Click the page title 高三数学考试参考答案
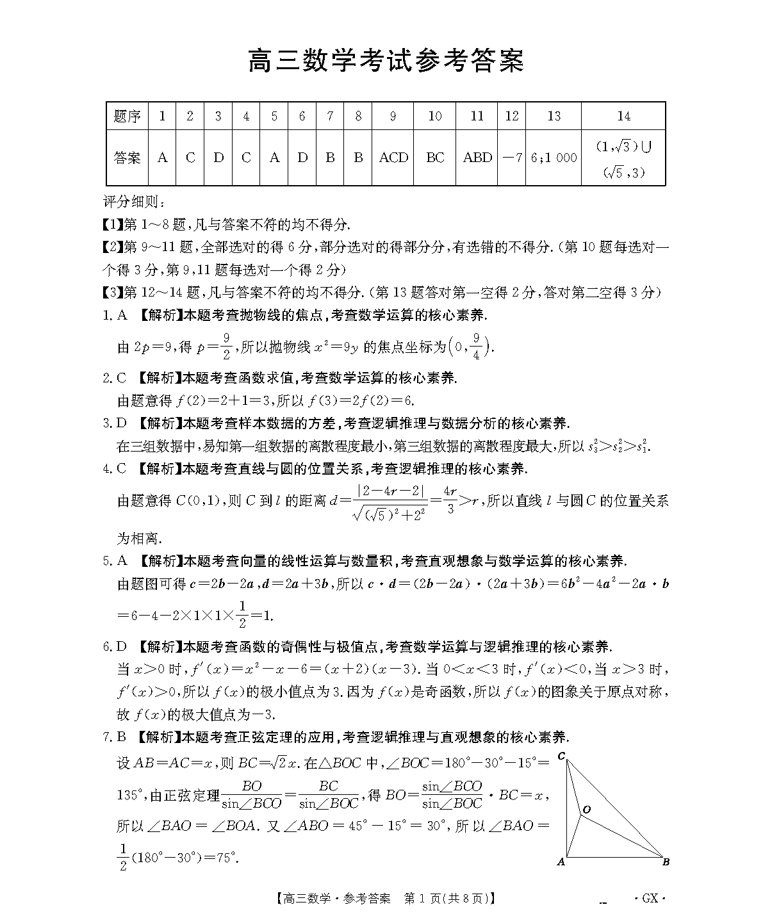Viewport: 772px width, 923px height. (386, 61)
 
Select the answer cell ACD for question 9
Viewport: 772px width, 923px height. (393, 158)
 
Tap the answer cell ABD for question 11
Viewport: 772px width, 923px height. (477, 158)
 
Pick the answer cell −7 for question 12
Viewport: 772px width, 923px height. (511, 158)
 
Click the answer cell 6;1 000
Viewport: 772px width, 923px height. (554, 158)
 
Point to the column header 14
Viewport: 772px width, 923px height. (623, 116)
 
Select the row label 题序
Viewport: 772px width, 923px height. (127, 116)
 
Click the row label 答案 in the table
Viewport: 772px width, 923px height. (127, 158)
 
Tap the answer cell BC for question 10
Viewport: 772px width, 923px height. (435, 158)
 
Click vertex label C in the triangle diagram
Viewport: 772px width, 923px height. (561, 756)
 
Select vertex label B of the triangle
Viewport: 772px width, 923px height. (666, 862)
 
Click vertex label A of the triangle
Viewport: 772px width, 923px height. (561, 862)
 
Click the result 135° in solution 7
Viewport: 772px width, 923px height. (130, 796)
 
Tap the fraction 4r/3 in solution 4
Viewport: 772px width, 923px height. (450, 500)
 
